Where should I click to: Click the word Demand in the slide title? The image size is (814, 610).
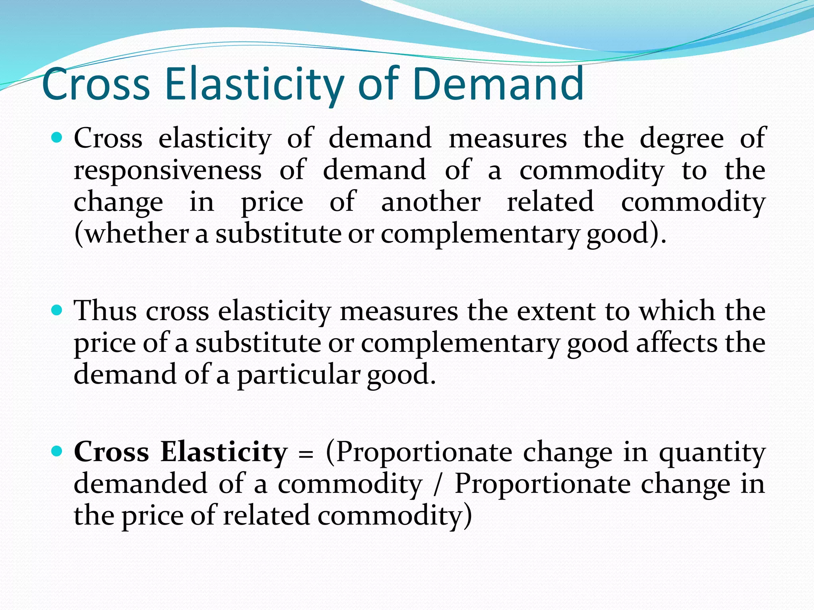498,84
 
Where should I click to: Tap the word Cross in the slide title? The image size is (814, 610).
96,84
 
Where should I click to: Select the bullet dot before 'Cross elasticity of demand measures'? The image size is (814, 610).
58,138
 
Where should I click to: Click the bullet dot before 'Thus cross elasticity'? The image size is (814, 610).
58,310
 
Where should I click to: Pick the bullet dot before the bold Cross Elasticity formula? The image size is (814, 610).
58,452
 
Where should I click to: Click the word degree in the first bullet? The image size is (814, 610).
682,139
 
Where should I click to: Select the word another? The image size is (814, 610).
431,202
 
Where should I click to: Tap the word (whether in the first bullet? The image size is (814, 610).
132,234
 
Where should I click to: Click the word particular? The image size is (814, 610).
298,375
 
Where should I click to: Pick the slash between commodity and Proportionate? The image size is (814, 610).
438,485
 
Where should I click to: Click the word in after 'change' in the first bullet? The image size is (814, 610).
202,202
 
